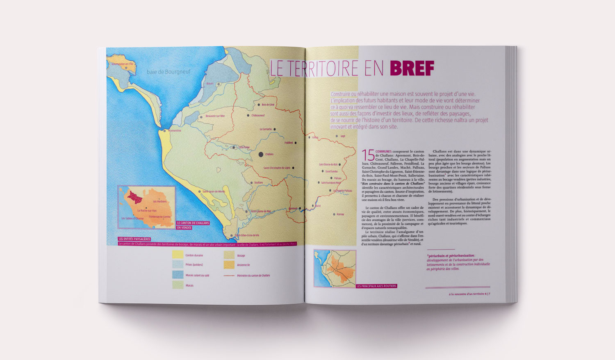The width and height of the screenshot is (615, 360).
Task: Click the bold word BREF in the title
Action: click(411, 68)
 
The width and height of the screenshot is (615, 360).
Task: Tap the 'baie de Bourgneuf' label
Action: click(169, 72)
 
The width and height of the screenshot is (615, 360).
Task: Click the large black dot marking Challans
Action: click(261, 154)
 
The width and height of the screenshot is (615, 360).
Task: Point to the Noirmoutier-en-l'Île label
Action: click(120, 64)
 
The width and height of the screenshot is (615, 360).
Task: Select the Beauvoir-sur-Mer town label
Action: click(215, 116)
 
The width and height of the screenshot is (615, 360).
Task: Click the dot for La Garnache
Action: click(275, 129)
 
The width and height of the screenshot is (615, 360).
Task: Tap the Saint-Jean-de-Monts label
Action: click(214, 191)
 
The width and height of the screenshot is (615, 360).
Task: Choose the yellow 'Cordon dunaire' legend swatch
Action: click(178, 255)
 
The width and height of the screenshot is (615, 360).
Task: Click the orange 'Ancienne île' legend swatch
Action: click(229, 265)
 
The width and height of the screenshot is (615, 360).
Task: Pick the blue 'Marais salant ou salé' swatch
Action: click(178, 275)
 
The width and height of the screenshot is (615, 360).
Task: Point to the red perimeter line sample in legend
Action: click(229, 276)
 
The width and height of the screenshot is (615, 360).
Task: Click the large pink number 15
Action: click(368, 155)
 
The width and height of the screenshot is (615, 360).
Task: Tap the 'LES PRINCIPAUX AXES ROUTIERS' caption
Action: click(376, 286)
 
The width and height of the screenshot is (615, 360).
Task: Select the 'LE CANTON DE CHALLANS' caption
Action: click(193, 223)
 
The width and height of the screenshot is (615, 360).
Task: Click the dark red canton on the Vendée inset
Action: click(134, 196)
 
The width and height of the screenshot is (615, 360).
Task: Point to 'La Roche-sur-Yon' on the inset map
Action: click(147, 211)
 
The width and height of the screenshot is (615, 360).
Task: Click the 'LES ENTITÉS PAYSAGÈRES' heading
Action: click(134, 239)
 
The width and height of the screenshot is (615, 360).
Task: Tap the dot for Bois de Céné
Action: click(258, 105)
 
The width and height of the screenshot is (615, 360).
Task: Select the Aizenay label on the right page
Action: click(340, 214)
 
